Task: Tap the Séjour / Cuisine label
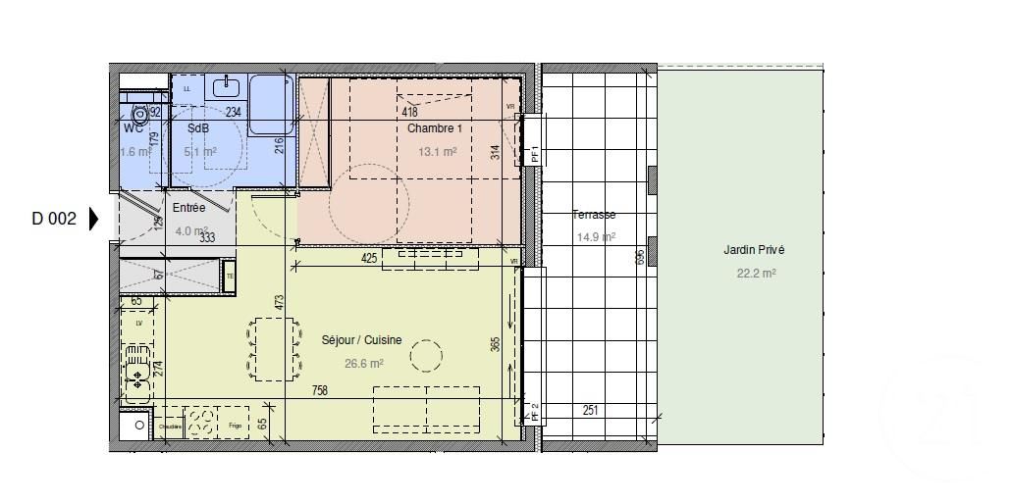click(361, 340)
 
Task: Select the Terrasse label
click(594, 215)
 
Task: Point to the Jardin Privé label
click(754, 251)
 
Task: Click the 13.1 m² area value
click(437, 152)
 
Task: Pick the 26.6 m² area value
click(364, 362)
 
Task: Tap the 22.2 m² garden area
click(756, 274)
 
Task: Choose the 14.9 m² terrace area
click(596, 236)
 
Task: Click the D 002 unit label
click(54, 220)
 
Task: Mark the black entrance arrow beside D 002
click(94, 219)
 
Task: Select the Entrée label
click(188, 208)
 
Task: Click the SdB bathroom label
click(197, 128)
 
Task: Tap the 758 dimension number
click(319, 390)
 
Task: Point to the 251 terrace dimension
click(590, 410)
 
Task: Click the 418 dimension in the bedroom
click(410, 112)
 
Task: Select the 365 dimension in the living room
click(496, 344)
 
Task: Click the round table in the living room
click(426, 355)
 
